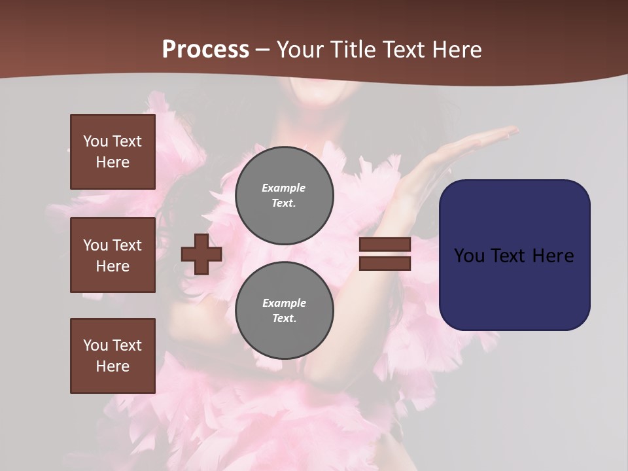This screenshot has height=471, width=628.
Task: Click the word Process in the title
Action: point(205,50)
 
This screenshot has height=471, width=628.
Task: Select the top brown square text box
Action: point(113,152)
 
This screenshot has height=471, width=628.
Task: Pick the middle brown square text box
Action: point(113,255)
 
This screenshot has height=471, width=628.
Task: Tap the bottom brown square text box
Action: point(113,356)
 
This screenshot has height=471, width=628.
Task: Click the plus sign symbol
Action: point(201,254)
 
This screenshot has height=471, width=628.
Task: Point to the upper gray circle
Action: point(285,195)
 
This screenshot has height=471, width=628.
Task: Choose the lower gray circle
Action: point(285,310)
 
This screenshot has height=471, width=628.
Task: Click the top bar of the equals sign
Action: point(385,245)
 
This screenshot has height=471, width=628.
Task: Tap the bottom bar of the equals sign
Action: point(385,264)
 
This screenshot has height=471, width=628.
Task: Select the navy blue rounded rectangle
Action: point(514,255)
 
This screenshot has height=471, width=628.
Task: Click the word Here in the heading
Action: point(456,50)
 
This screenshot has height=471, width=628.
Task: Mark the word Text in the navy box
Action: point(511,256)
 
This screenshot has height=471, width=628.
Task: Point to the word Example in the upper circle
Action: point(283,188)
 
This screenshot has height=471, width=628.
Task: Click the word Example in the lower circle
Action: point(284,303)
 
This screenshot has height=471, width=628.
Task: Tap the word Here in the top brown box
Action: point(113,162)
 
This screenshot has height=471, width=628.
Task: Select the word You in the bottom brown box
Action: point(96,345)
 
